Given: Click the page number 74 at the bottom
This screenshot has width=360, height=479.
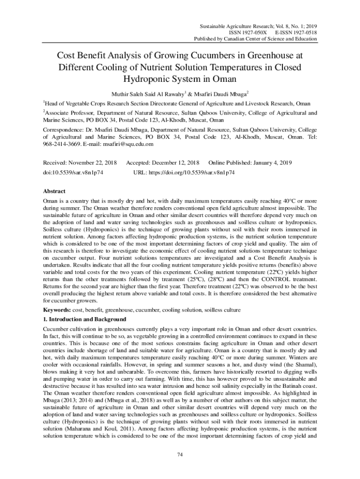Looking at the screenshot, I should (180, 455).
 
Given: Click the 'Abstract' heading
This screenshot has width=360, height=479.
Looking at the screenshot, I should (54, 191).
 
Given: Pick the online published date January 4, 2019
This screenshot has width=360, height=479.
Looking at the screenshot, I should (272, 162).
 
